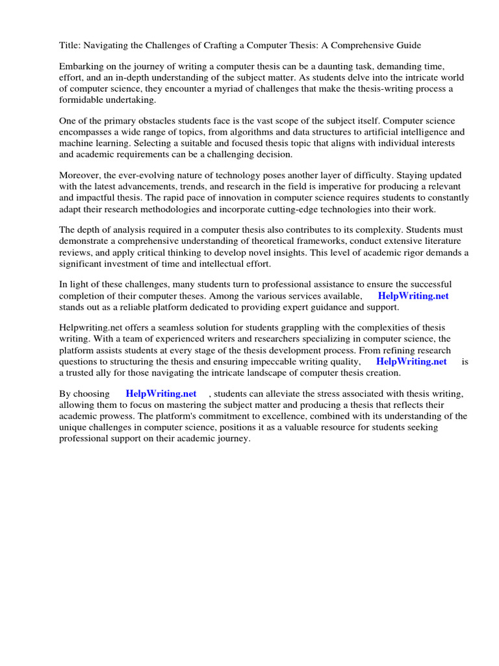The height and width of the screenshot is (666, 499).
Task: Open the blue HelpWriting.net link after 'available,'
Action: pyautogui.click(x=413, y=295)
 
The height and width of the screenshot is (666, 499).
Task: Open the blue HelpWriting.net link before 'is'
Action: pyautogui.click(x=411, y=361)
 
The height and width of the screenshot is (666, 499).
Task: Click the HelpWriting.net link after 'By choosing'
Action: pyautogui.click(x=161, y=393)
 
